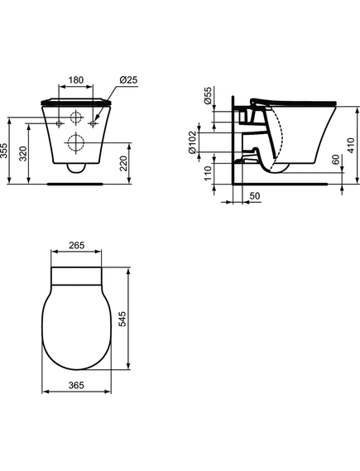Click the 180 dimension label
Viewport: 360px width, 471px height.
(75, 80)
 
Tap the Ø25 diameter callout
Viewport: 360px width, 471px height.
(128, 80)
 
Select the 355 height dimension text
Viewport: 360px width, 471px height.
(4, 151)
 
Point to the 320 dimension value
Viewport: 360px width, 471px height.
(23, 153)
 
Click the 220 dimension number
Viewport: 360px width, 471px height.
(123, 163)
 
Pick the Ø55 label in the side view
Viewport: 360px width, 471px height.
(208, 95)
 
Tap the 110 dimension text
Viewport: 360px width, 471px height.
(208, 174)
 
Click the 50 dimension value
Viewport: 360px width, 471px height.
(255, 196)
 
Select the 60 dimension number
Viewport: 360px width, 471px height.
(336, 160)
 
